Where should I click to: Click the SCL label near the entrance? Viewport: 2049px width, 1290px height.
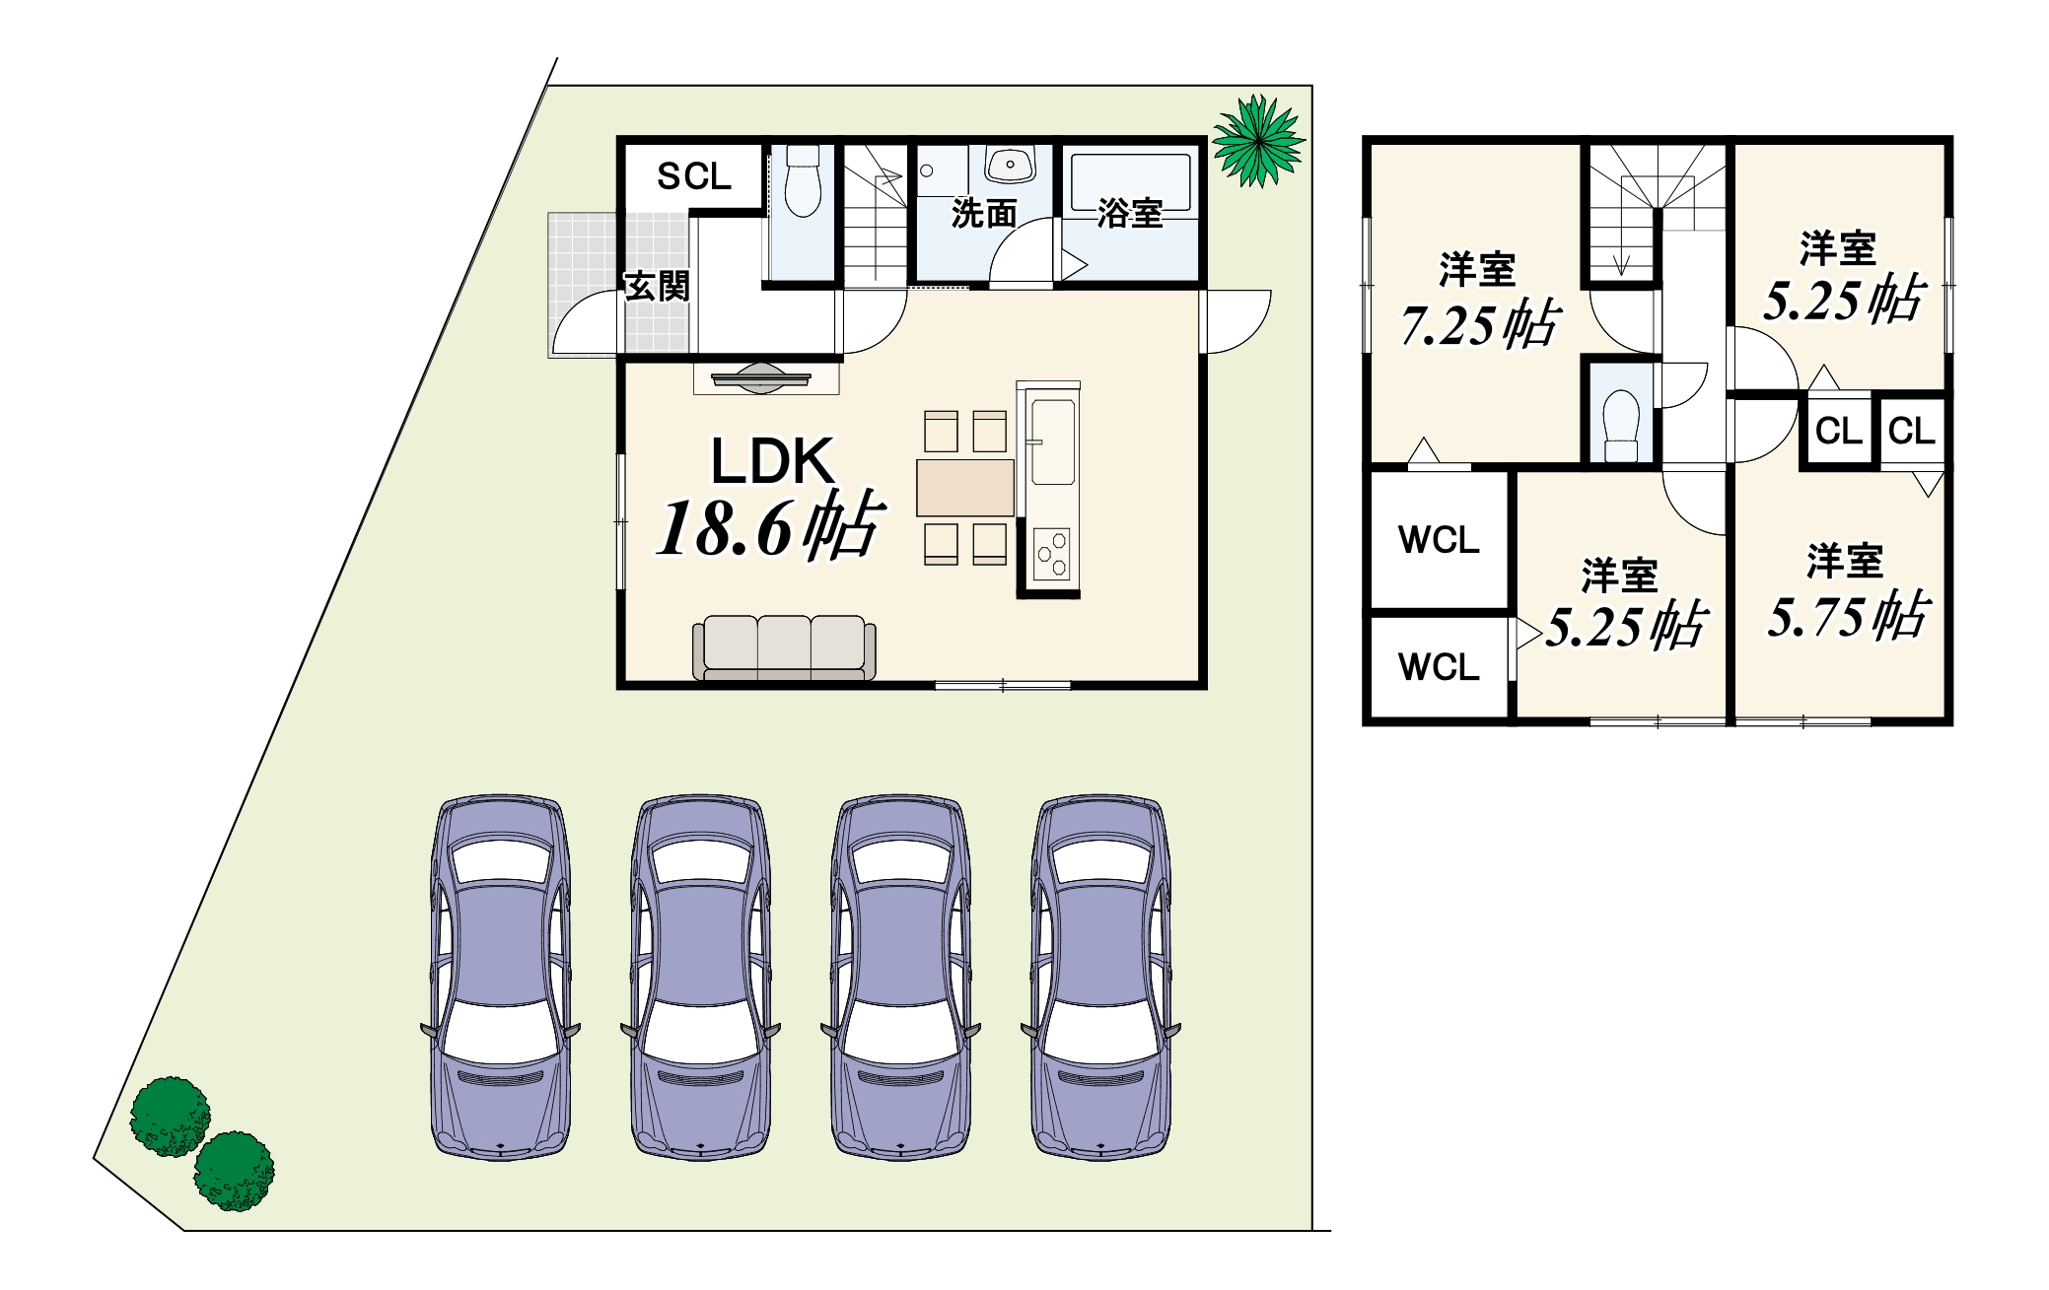pos(694,176)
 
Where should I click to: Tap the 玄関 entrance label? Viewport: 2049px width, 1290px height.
pos(658,286)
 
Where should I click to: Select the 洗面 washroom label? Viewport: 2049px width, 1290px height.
pos(984,213)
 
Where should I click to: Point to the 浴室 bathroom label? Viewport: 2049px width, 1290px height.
pos(1130,213)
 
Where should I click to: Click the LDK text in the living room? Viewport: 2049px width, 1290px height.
pos(773,461)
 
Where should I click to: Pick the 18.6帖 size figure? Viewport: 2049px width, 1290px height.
pos(770,526)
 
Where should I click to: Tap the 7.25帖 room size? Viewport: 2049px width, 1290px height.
pos(1480,324)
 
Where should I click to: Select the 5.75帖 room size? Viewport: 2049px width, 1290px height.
pos(1848,616)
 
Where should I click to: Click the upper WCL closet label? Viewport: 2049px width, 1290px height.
pos(1439,540)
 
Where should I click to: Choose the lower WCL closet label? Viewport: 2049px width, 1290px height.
pos(1439,667)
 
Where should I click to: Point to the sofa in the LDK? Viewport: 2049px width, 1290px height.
pos(784,647)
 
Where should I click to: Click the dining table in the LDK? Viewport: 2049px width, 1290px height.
pos(965,488)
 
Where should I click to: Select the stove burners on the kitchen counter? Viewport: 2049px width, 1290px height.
pos(1052,554)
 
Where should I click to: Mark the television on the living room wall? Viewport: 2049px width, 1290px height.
pos(761,378)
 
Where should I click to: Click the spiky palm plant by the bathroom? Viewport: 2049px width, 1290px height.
pos(1259,141)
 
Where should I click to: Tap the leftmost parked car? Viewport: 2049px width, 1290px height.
pos(501,978)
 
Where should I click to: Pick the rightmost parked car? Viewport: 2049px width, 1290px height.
pos(1100,978)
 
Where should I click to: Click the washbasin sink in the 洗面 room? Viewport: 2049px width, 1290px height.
pos(1011,165)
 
